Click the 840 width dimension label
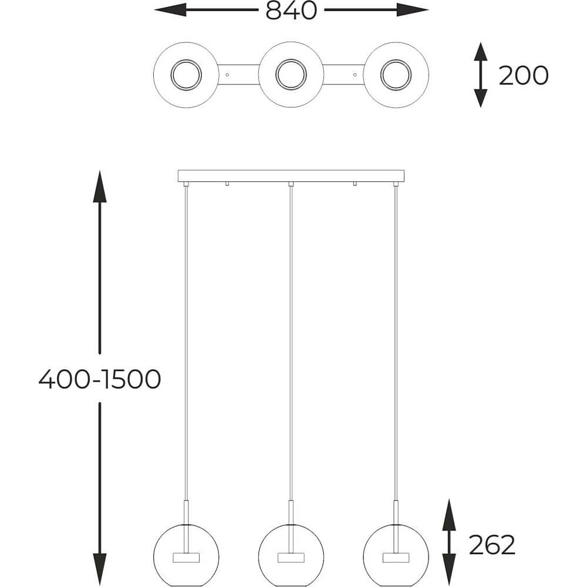click(x=291, y=11)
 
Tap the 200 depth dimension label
click(x=524, y=75)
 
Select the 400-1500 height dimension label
click(x=100, y=379)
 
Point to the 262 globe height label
click(x=492, y=545)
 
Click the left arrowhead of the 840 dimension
click(x=170, y=10)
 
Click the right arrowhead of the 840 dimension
click(x=413, y=10)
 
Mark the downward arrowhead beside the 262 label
click(x=449, y=569)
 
